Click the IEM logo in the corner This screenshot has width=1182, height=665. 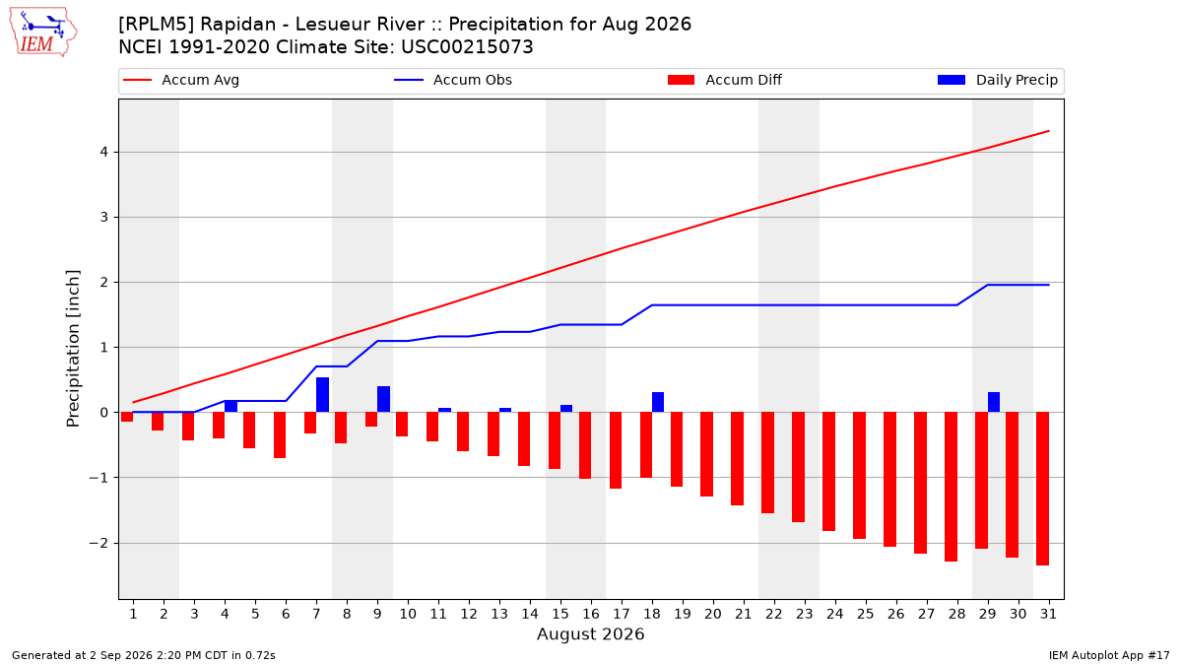click(43, 33)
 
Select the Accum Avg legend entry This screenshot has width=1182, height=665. click(181, 80)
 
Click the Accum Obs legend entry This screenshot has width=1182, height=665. click(453, 80)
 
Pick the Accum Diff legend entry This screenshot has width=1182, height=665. click(725, 80)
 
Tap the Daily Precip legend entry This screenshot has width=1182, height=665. click(997, 80)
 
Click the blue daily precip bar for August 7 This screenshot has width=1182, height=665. click(322, 395)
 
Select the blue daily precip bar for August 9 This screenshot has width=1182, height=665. click(383, 399)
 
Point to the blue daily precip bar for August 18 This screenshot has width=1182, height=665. click(658, 402)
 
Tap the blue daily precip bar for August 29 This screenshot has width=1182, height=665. click(994, 402)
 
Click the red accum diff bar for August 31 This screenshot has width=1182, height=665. click(1043, 489)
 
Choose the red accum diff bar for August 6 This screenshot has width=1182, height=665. click(280, 434)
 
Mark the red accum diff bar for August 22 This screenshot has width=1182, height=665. click(767, 463)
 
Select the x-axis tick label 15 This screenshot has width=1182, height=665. click(560, 614)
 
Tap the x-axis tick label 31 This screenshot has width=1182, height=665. click(1048, 614)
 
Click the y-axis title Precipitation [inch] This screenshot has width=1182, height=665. click(73, 349)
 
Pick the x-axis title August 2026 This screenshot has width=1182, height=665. click(590, 633)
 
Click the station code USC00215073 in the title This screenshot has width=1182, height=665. click(467, 47)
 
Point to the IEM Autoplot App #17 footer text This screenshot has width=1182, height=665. click(1109, 655)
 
